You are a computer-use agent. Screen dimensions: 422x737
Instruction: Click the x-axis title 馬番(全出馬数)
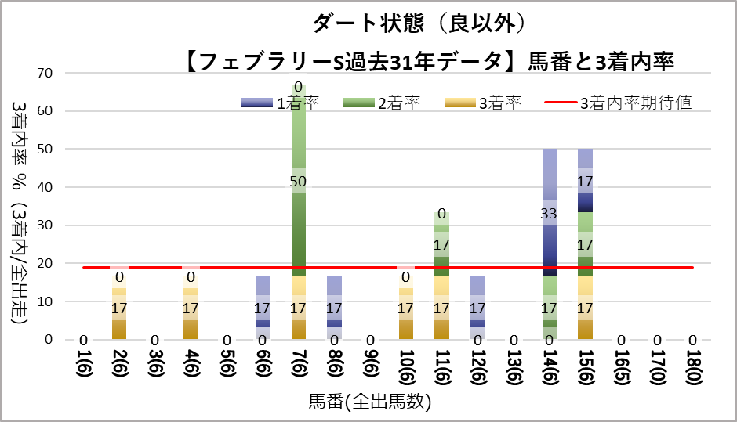point(369,402)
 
